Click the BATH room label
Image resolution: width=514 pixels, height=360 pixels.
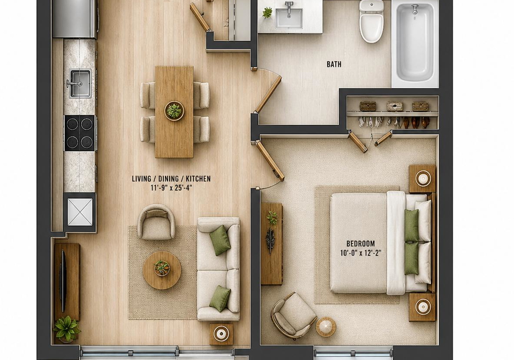334,64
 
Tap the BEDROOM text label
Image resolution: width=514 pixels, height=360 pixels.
360,244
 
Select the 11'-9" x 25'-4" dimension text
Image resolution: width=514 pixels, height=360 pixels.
171,188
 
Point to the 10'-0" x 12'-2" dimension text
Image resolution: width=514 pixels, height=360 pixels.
360,253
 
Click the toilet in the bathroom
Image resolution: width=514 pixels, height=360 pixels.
371,21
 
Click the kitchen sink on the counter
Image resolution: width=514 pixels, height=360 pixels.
80,83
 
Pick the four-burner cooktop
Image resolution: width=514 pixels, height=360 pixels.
80,133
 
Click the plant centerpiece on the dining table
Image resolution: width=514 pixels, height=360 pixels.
174,111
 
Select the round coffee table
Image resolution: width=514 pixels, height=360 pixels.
162,270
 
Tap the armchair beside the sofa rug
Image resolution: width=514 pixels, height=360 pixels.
156,222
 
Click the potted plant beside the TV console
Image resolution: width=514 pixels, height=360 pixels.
66,328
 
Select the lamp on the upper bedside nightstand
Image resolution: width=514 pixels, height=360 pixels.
422,179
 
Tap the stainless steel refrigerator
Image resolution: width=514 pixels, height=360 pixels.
74,19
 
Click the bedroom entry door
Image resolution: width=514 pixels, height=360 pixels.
269,160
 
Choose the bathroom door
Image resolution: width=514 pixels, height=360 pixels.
268,94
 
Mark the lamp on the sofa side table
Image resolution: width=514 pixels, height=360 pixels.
221,334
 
